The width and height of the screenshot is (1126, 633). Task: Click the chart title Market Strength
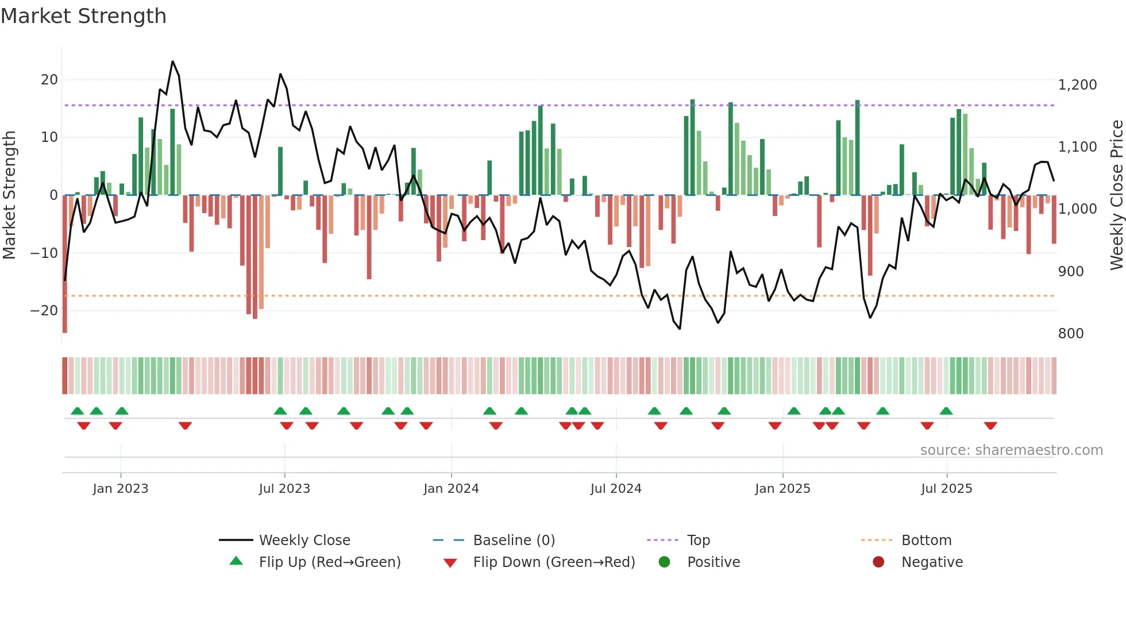pos(84,16)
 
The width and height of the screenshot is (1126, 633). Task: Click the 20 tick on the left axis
pos(49,80)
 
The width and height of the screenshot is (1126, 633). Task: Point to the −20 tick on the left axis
pos(44,311)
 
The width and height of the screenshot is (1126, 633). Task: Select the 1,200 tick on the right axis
pos(1077,85)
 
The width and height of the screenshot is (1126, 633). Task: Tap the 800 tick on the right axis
pos(1071,334)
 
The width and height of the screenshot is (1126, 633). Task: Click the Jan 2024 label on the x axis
pos(451,489)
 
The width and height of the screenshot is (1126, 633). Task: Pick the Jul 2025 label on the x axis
pos(946,489)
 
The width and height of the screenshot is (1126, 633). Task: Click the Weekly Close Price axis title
pos(1116,195)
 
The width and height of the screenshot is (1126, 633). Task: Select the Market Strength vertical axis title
pos(9,195)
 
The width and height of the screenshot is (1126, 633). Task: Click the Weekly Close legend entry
pos(304,541)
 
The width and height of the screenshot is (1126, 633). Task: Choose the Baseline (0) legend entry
pos(514,541)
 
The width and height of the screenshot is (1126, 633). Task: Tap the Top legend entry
pos(699,541)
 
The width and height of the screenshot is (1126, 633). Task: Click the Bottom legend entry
pos(926,541)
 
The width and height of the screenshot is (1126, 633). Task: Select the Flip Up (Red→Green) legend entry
pos(329,562)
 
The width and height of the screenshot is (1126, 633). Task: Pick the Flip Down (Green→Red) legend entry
pos(554,562)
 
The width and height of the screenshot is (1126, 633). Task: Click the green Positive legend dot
pos(665,562)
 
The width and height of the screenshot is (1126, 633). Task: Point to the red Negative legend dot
pos(878,562)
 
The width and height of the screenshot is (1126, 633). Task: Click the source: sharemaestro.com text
pos(1011,450)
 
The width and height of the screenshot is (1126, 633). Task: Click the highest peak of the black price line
pos(172,61)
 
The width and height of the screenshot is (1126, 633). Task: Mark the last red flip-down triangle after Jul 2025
pos(990,426)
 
